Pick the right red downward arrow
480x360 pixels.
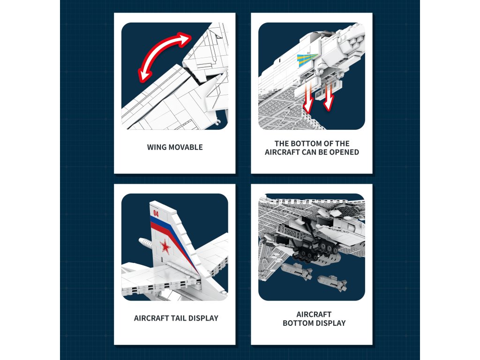click(329, 97)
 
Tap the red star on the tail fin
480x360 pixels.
click(165, 247)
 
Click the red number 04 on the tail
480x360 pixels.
click(156, 213)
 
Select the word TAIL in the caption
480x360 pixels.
click(177, 318)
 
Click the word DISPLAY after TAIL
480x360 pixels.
click(203, 318)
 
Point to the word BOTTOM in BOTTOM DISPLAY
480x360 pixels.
click(298, 323)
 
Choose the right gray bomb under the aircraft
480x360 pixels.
click(331, 282)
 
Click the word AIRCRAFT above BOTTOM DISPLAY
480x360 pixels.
click(314, 315)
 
